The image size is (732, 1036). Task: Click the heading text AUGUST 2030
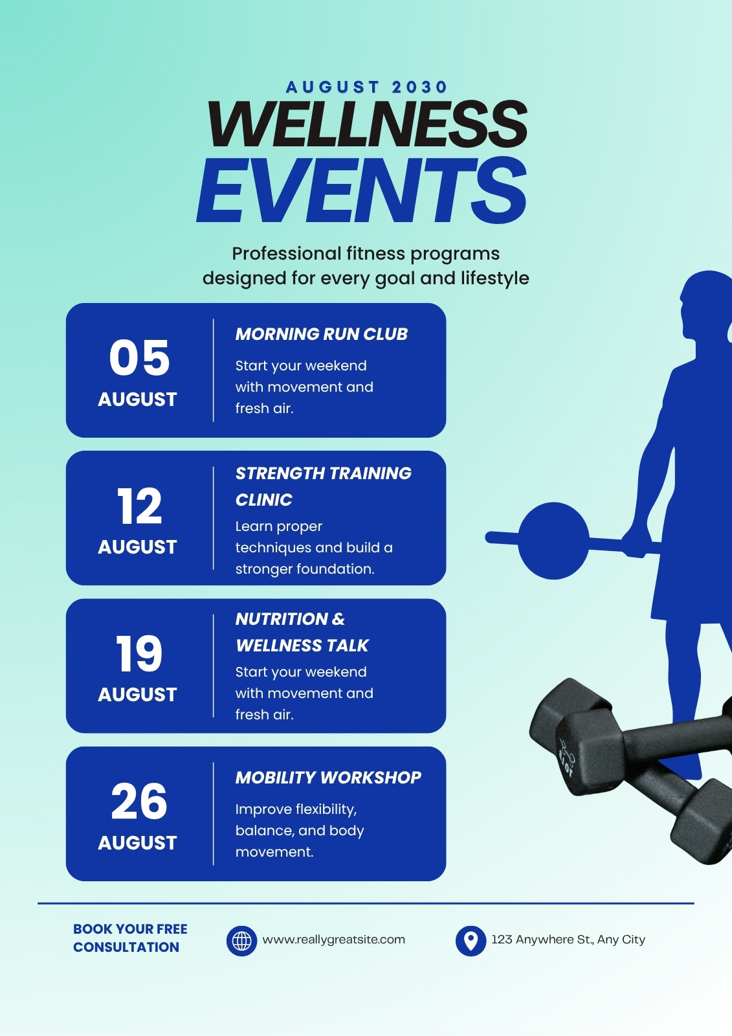366,87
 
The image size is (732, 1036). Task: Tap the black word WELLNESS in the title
367,124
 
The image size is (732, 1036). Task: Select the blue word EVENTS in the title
362,190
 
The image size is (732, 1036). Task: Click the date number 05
140,357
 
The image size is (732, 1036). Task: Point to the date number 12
140,506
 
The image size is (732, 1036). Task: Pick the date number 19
139,653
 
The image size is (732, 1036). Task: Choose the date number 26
139,802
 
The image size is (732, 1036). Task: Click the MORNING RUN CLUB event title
322,334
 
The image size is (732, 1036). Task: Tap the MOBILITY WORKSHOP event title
328,778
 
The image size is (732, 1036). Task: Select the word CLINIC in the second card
263,500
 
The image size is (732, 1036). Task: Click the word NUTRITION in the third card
282,619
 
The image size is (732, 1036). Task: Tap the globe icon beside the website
241,940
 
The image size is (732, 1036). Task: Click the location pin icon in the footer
471,940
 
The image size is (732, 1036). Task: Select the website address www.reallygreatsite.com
333,940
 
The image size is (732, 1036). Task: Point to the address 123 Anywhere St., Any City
568,940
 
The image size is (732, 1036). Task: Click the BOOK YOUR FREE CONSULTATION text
130,938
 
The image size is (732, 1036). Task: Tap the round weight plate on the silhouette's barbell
553,540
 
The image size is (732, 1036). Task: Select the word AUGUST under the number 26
137,842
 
